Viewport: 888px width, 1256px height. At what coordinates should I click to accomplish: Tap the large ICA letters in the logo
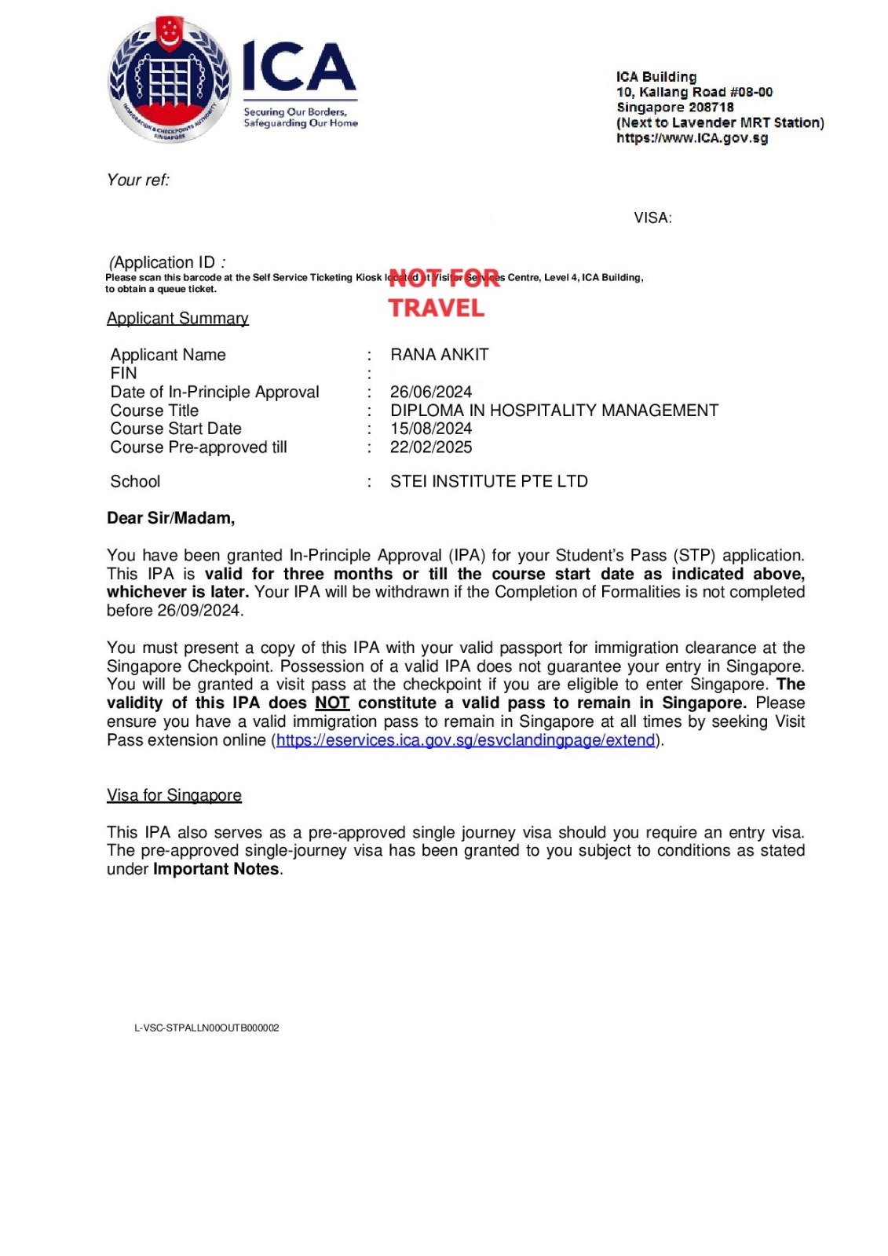[x=298, y=68]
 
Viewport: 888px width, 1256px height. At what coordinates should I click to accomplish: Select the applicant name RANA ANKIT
[x=439, y=355]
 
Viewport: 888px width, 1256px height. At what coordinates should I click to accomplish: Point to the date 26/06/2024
[x=431, y=392]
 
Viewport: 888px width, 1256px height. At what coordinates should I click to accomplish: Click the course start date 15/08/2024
[x=431, y=429]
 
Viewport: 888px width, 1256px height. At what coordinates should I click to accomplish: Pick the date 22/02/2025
[x=431, y=447]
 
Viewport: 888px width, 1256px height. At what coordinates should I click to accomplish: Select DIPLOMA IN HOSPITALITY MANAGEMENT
[x=554, y=411]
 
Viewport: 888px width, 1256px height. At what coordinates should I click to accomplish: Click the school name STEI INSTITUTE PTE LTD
[x=488, y=481]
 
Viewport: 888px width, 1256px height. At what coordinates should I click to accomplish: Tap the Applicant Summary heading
[x=177, y=318]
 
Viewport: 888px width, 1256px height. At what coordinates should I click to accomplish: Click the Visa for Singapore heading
[x=174, y=795]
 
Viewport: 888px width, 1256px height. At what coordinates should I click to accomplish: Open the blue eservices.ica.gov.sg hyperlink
[x=466, y=740]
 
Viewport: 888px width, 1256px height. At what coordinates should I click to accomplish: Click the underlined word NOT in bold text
[x=332, y=703]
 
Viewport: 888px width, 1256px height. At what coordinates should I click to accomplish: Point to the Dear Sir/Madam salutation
[x=170, y=518]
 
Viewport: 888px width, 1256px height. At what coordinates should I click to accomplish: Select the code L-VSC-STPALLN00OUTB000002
[x=206, y=1028]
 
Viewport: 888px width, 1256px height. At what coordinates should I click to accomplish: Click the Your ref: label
[x=138, y=180]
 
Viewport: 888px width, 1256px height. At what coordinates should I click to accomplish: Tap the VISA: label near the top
[x=652, y=218]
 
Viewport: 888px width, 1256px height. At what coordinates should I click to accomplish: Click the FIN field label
[x=123, y=374]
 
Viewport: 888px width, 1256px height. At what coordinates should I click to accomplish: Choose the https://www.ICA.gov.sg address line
[x=692, y=138]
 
